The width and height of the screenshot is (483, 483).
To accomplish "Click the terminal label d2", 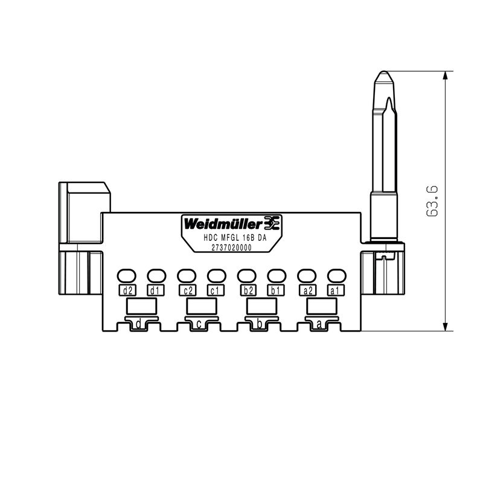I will pyautogui.click(x=127, y=290).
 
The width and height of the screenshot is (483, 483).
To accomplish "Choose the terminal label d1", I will pyautogui.click(x=155, y=290).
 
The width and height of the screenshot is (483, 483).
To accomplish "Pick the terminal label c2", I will pyautogui.click(x=187, y=290).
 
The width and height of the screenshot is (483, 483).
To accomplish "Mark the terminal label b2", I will pyautogui.click(x=246, y=290).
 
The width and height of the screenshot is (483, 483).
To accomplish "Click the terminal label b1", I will pyautogui.click(x=275, y=290).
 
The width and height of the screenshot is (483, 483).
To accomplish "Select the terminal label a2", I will pyautogui.click(x=307, y=290).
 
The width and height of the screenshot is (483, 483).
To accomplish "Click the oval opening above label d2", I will pyautogui.click(x=127, y=276).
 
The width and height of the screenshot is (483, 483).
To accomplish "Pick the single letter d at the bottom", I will pyautogui.click(x=139, y=325).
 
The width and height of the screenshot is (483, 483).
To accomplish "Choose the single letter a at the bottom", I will pyautogui.click(x=319, y=325).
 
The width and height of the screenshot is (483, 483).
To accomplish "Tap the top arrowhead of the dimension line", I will pyautogui.click(x=445, y=76).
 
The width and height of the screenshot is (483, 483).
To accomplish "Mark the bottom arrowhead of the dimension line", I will pyautogui.click(x=445, y=327).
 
